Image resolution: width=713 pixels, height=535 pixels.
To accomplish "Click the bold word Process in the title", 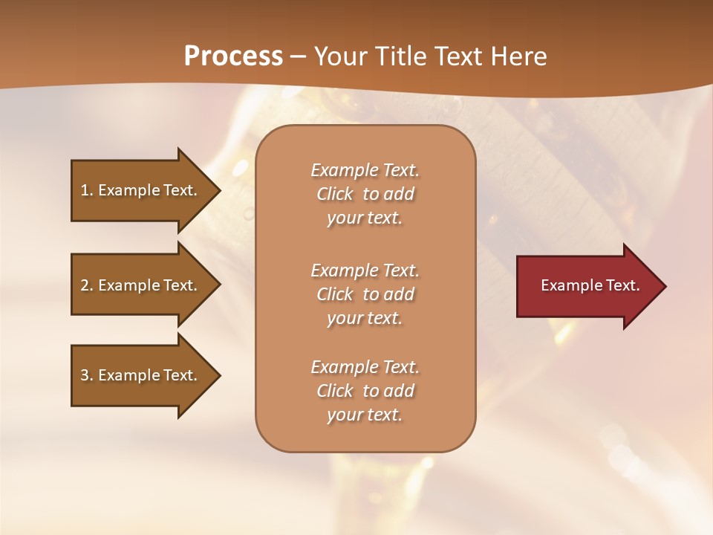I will coord(233,56).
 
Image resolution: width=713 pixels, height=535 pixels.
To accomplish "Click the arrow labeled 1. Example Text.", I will coord(141,190).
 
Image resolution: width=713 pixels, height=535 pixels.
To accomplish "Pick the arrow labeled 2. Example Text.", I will coord(141,285).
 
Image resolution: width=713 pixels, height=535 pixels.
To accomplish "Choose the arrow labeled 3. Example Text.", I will coord(141,375).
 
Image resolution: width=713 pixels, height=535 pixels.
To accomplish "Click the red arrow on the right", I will coord(587,286).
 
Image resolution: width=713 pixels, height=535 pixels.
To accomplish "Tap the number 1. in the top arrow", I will coord(87,190).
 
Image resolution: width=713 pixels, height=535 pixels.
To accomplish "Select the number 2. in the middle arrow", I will coord(87,285).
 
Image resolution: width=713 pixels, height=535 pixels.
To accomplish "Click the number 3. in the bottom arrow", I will coord(87,375).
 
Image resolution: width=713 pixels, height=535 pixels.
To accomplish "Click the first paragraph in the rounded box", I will coord(365,194).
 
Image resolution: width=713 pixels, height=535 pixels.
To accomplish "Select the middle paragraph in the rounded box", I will coord(365,294).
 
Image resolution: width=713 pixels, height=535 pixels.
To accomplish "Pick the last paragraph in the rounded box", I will coord(365,391).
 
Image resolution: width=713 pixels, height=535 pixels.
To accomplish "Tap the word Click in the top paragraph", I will coord(334,194).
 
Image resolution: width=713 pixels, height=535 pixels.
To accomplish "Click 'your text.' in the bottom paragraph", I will coord(365,415).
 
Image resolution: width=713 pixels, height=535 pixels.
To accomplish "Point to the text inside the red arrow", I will coord(590,285).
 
